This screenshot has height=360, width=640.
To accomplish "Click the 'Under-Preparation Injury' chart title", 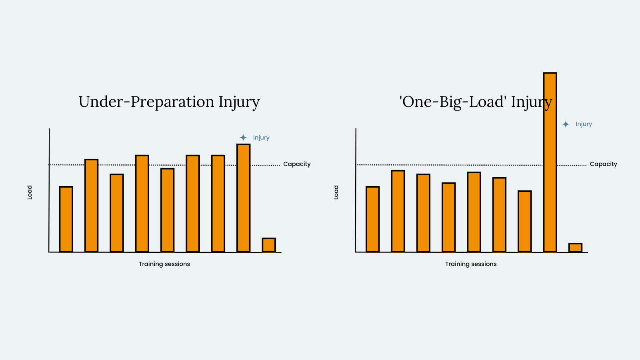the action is (169, 102).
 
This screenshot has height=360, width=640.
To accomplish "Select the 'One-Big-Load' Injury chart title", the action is (476, 102).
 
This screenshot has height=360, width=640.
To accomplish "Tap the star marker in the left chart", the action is (243, 138).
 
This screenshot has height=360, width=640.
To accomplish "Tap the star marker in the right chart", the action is (566, 124).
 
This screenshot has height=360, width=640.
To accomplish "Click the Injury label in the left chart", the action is (261, 138).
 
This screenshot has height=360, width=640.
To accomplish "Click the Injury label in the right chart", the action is (584, 124).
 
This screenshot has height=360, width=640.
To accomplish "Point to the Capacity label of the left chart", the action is (297, 164).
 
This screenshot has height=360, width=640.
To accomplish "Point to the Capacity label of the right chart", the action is (604, 164).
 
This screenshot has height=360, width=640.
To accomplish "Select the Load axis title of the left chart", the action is (30, 192).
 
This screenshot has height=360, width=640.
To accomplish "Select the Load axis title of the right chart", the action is (336, 192).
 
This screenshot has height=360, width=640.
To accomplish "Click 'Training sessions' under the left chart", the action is (164, 264).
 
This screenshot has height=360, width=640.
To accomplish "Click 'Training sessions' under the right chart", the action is (471, 264).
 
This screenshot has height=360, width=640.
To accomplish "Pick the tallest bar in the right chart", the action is (550, 162).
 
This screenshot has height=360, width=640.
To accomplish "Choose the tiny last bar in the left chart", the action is (269, 245).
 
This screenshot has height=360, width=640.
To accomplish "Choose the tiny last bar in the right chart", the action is (576, 248).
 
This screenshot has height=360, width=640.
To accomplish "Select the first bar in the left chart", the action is (66, 220).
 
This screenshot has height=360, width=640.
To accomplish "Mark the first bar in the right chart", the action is (372, 220).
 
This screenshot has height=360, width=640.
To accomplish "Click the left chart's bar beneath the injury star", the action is (244, 198).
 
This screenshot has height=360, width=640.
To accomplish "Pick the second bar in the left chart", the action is (92, 206).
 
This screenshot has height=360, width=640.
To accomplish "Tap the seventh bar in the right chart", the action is (524, 222).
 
